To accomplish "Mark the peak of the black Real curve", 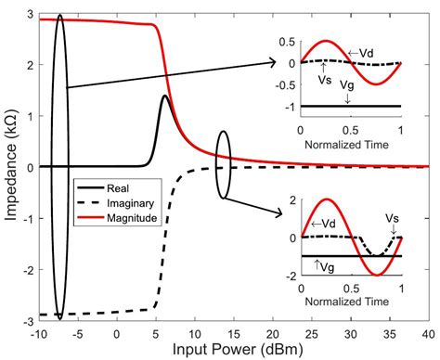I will click(x=164, y=96).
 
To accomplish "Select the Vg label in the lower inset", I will click(x=320, y=267).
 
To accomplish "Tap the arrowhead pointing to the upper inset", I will click(x=274, y=62).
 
